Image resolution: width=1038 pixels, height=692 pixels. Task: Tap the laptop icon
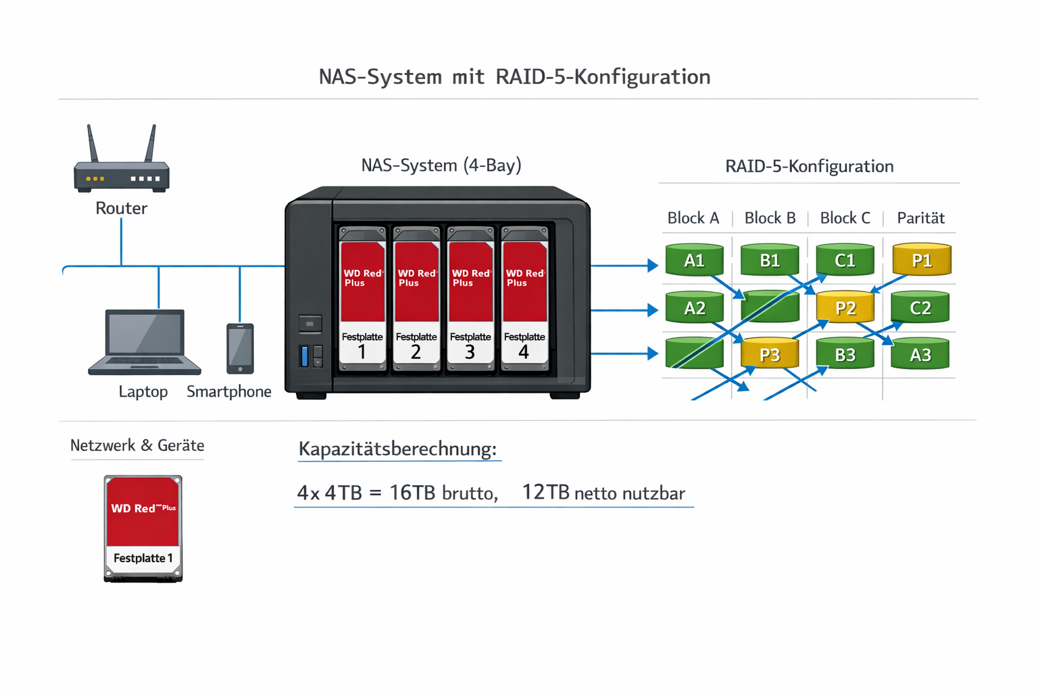point(144,342)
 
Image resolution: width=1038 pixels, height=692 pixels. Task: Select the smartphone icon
point(240,348)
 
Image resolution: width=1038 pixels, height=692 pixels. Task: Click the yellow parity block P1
point(922,260)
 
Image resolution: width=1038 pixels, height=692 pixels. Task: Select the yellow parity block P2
point(845,307)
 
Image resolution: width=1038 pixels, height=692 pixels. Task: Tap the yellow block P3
point(770,354)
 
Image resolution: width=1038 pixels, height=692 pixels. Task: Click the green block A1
point(694,260)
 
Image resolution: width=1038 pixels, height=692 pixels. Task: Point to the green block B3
point(845,354)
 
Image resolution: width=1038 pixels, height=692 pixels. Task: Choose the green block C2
point(920,307)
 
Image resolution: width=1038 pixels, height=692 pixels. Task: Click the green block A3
point(920,354)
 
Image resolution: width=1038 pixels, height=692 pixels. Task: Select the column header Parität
point(920,218)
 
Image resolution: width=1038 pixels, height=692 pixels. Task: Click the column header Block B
point(770,218)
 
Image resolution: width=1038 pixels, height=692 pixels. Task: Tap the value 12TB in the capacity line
point(545,492)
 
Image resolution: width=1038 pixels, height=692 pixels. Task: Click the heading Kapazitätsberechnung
point(397,449)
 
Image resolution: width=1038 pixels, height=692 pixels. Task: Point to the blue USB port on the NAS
point(304,355)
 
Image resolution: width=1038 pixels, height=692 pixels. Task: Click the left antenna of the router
point(93,143)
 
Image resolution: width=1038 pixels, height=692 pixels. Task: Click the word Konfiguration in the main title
point(639,76)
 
